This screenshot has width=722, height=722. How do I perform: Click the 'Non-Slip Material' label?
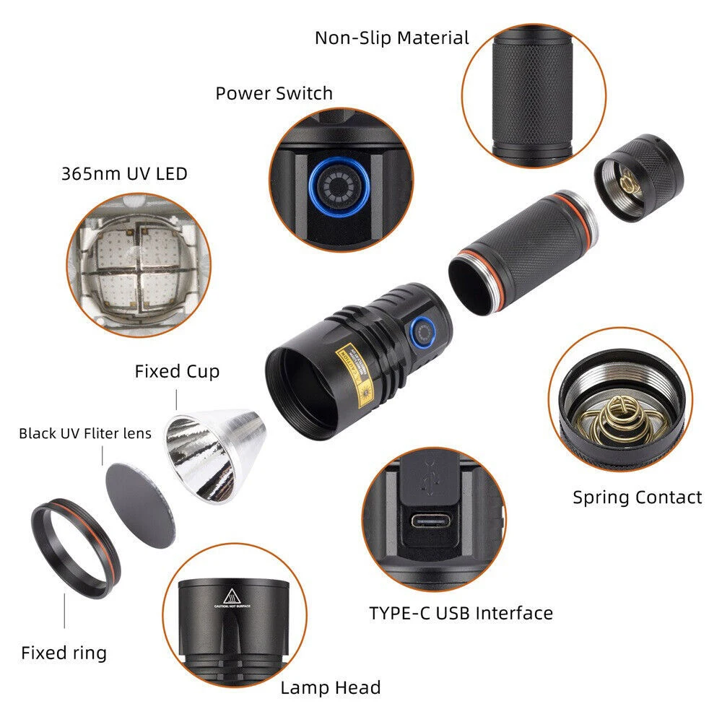click(x=391, y=38)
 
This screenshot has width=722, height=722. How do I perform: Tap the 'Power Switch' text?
click(x=274, y=93)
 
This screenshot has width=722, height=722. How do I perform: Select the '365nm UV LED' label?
click(x=124, y=173)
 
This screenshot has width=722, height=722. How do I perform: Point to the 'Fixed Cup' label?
click(x=177, y=371)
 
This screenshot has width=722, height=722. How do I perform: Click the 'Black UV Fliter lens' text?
click(x=85, y=433)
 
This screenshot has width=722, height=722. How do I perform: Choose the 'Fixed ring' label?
click(x=64, y=653)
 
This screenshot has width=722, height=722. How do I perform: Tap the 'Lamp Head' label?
click(x=331, y=687)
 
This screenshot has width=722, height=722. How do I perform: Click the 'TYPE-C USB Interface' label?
click(x=461, y=613)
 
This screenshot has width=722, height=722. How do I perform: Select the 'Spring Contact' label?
click(x=637, y=497)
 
